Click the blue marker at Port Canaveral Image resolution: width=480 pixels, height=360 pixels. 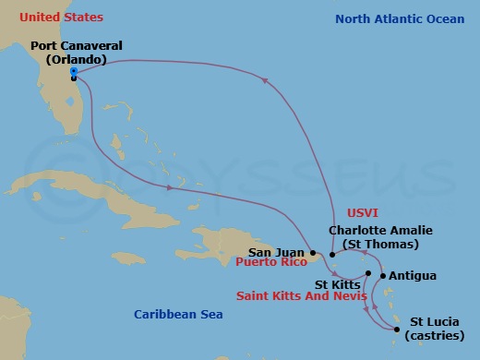[x=73, y=70]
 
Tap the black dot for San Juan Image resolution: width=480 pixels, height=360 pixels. [x=314, y=252]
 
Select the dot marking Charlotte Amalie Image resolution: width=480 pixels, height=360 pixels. [x=332, y=255]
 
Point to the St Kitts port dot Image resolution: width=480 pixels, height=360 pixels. [x=367, y=274]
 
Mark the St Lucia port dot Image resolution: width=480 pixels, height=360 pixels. [x=397, y=330]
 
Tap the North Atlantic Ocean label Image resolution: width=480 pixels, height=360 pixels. [x=400, y=18]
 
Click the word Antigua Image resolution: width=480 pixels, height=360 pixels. [x=413, y=275]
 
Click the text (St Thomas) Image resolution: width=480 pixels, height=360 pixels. [x=379, y=244]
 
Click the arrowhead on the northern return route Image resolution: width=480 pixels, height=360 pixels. [x=267, y=82]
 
